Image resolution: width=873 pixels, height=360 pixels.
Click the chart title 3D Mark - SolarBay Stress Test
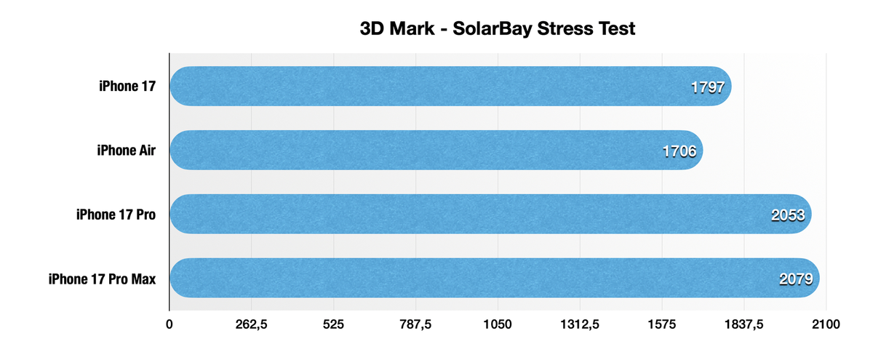498,29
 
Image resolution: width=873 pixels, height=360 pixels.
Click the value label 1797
707,88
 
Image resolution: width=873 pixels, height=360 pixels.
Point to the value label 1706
679,151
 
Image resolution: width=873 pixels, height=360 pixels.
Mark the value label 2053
788,215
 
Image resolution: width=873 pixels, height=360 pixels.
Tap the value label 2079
796,279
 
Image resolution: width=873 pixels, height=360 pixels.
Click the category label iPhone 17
128,87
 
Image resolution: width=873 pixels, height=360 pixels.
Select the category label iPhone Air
126,151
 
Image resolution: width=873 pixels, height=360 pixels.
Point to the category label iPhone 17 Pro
116,215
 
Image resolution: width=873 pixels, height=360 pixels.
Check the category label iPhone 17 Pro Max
102,278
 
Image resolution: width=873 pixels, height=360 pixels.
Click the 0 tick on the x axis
170,325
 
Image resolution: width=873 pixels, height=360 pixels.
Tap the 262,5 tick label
251,325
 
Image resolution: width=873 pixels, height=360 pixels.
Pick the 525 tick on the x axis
333,325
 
